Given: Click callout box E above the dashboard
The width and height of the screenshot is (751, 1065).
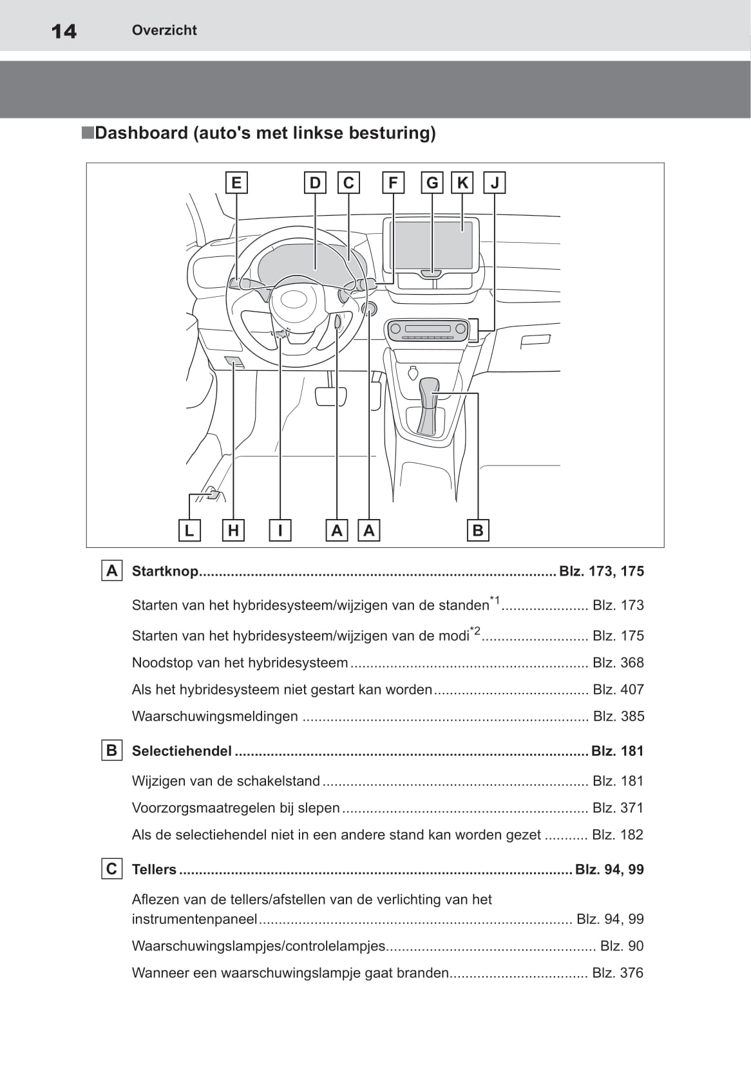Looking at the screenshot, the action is [236, 183].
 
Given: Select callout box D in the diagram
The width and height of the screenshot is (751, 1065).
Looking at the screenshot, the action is [315, 183].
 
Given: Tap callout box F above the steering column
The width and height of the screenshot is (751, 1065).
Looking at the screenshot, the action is [394, 183].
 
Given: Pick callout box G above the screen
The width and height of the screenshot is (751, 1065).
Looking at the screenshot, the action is [432, 183].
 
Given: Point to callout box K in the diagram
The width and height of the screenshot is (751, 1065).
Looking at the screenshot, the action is [462, 183].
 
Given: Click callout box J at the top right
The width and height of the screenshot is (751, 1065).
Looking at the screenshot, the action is [495, 183].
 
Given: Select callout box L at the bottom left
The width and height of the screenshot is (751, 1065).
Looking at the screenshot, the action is [189, 530].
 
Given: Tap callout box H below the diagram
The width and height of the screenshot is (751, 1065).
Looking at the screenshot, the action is [234, 530].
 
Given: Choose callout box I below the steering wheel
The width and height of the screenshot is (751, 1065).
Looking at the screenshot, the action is [280, 530].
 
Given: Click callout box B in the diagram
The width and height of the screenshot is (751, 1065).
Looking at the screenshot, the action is [478, 530].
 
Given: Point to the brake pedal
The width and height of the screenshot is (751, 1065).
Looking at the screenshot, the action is [330, 397].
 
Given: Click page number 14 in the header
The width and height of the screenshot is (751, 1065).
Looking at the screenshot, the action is [64, 32].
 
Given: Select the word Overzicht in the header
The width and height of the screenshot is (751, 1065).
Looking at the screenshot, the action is [164, 30].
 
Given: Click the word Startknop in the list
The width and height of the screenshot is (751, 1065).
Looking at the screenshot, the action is [165, 571].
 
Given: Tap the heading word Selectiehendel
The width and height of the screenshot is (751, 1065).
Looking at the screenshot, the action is [182, 751].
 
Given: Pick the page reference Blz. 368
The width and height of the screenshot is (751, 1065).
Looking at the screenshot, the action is [618, 663].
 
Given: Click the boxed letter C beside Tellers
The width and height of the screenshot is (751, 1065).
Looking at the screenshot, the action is [112, 869].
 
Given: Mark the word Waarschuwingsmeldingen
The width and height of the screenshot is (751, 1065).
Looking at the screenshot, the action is [215, 716].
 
